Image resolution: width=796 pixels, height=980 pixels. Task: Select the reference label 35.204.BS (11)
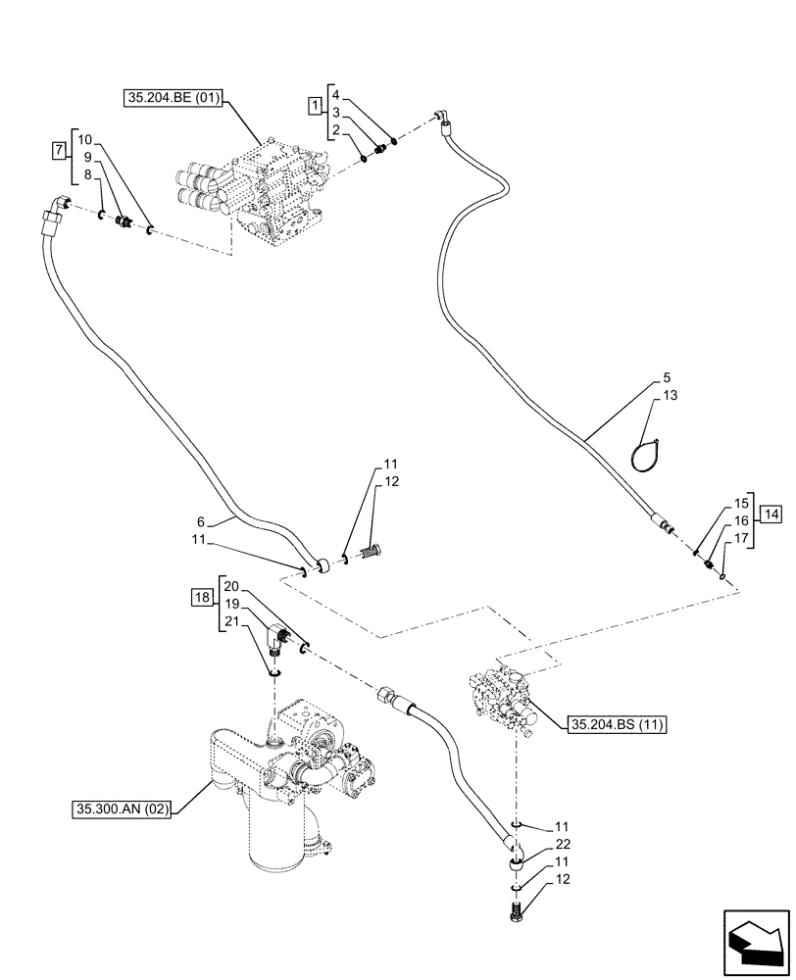coord(616,725)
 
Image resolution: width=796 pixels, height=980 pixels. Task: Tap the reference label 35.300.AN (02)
coord(121,810)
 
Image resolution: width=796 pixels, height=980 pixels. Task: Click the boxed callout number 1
coord(313,104)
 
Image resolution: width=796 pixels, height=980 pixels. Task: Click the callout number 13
coord(670,395)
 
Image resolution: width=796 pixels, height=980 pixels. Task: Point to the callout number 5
coord(666,377)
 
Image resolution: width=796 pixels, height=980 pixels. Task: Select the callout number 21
coord(230,620)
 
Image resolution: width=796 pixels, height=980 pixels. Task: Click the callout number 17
coord(740,538)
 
